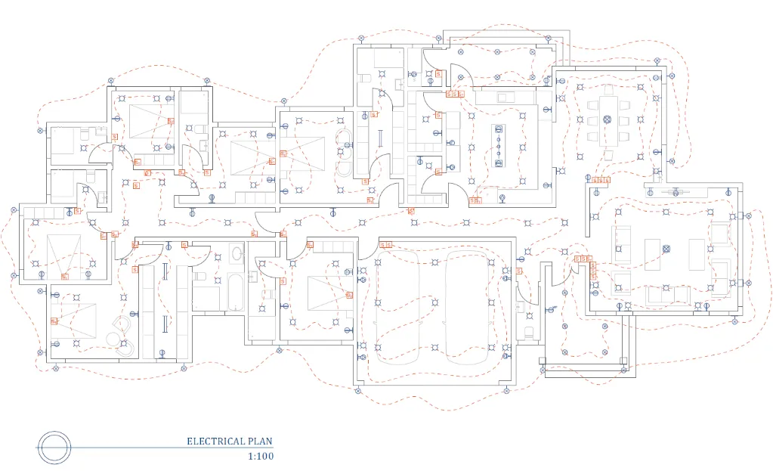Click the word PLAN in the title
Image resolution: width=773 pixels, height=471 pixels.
260,442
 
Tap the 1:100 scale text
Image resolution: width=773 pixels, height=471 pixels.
260,456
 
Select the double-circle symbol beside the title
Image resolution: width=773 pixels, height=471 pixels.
55,448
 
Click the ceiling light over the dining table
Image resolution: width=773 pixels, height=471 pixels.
608,119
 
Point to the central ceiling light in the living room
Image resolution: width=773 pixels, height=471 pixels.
666,249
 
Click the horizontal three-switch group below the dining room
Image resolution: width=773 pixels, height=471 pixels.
599,180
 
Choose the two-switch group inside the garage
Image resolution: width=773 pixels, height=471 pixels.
385,245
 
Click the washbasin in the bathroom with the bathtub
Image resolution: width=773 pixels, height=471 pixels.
237,253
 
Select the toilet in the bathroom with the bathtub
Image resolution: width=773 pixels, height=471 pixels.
199,277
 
